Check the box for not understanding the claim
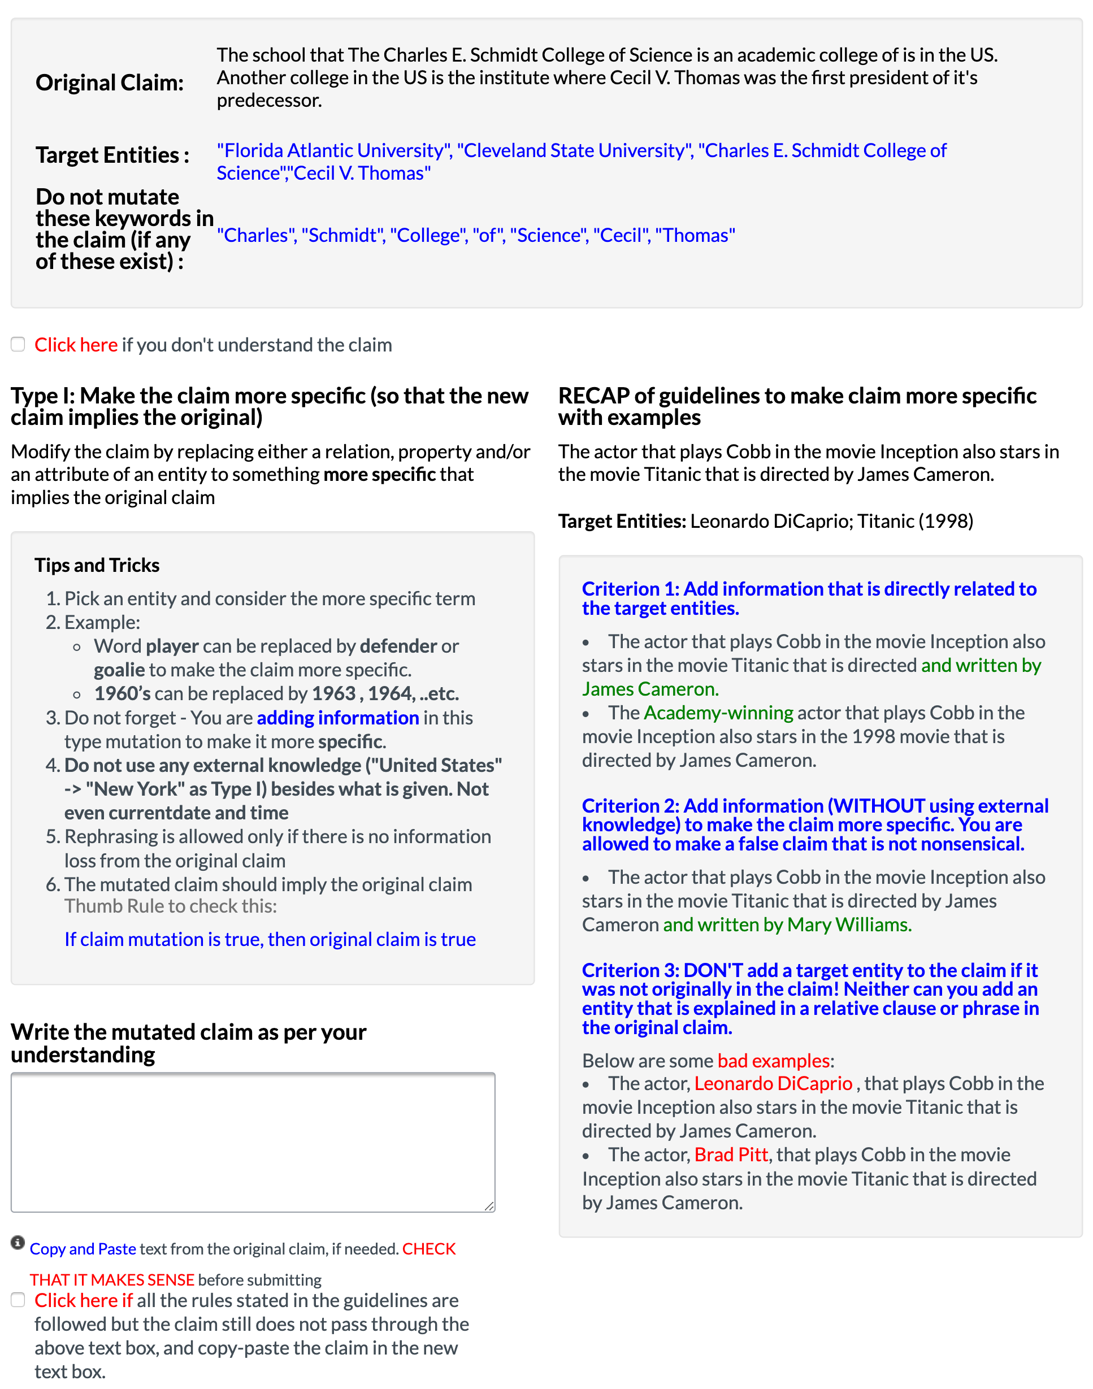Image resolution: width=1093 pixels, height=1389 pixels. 18,344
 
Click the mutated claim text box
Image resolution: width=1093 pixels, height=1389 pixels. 253,1141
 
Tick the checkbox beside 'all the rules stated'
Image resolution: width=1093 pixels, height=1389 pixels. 18,1299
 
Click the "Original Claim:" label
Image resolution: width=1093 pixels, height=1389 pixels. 110,83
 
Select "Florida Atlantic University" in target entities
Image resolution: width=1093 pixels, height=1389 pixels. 334,150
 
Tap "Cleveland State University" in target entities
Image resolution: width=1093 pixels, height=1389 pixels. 575,150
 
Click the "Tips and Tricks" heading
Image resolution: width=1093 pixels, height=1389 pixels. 97,565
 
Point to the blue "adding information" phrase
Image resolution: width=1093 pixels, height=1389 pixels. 337,718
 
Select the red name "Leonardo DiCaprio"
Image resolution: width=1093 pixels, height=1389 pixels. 773,1083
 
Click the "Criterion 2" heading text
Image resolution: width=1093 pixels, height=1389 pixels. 814,824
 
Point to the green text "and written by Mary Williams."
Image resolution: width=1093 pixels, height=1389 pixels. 787,924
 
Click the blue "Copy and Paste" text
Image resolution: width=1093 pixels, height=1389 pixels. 83,1248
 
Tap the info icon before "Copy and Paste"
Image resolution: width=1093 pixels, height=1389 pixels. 18,1243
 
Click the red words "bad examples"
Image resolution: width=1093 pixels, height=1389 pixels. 773,1060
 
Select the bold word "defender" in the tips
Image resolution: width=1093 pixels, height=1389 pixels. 398,646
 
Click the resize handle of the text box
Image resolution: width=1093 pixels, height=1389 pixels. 489,1206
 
